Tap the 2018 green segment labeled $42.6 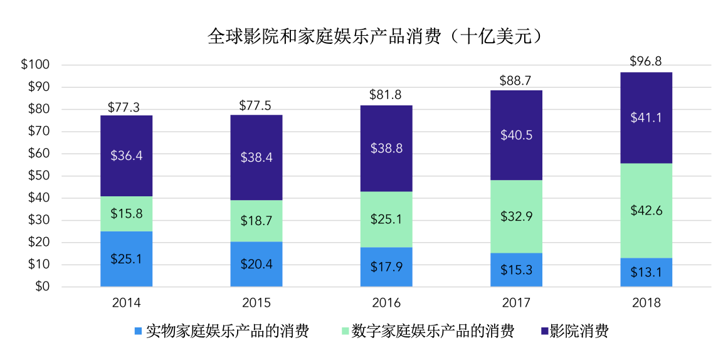pos(646,210)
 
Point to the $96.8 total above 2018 pos(646,61)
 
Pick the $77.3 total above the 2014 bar pos(126,107)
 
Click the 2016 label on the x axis pos(386,303)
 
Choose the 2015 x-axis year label pos(256,303)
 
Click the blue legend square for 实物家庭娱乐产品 pos(138,331)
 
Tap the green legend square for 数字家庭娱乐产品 pos(343,331)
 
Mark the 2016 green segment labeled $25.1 pos(386,220)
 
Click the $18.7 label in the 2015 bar pos(256,221)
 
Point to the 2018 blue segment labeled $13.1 pos(646,272)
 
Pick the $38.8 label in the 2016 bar pos(386,149)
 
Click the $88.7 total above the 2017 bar pos(516,81)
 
